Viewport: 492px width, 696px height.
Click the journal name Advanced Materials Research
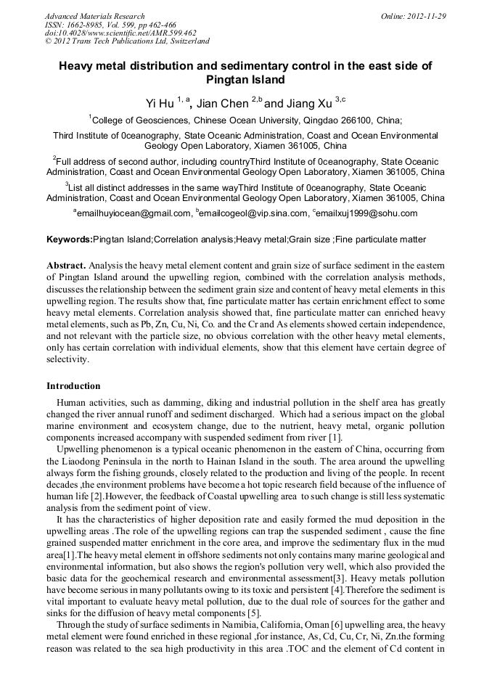(x=94, y=16)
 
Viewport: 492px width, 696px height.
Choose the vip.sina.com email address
(x=244, y=213)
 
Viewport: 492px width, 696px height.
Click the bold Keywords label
(x=70, y=239)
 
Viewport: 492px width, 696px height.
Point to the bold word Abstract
(x=67, y=266)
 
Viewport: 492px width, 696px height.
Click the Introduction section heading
(x=73, y=386)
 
